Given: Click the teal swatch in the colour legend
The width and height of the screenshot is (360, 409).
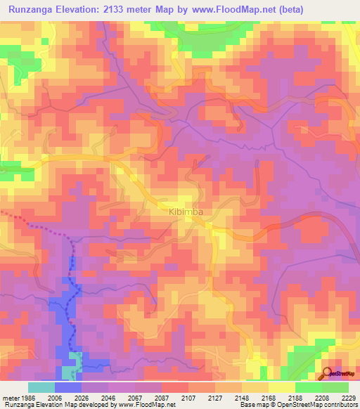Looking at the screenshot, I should (x=41, y=387).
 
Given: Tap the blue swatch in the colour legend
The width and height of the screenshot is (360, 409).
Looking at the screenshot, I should (x=68, y=387).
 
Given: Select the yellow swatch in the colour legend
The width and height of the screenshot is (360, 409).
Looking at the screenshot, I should (x=281, y=387).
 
